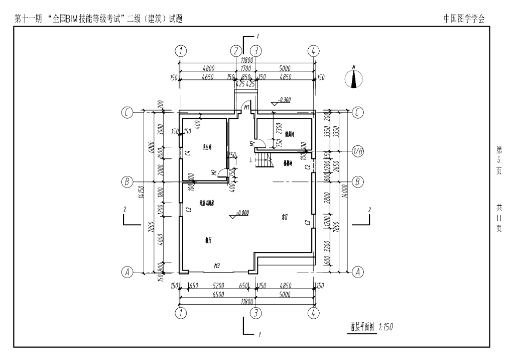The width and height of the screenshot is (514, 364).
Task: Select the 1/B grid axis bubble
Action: click(358, 151)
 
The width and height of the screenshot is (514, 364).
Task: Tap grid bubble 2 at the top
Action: click(236, 51)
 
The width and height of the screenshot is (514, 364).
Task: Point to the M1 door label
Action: click(246, 108)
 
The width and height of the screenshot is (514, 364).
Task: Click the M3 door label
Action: click(217, 265)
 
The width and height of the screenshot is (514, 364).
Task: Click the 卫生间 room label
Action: click(207, 148)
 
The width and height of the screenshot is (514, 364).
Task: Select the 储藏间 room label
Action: click(289, 134)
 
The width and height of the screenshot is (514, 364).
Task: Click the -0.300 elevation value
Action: click(284, 100)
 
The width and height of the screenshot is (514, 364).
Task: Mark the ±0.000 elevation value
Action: click(243, 212)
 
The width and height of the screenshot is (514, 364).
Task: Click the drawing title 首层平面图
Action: click(362, 327)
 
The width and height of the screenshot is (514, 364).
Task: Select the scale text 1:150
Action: click(386, 327)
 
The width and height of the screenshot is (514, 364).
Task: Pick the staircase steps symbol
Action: click(264, 162)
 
